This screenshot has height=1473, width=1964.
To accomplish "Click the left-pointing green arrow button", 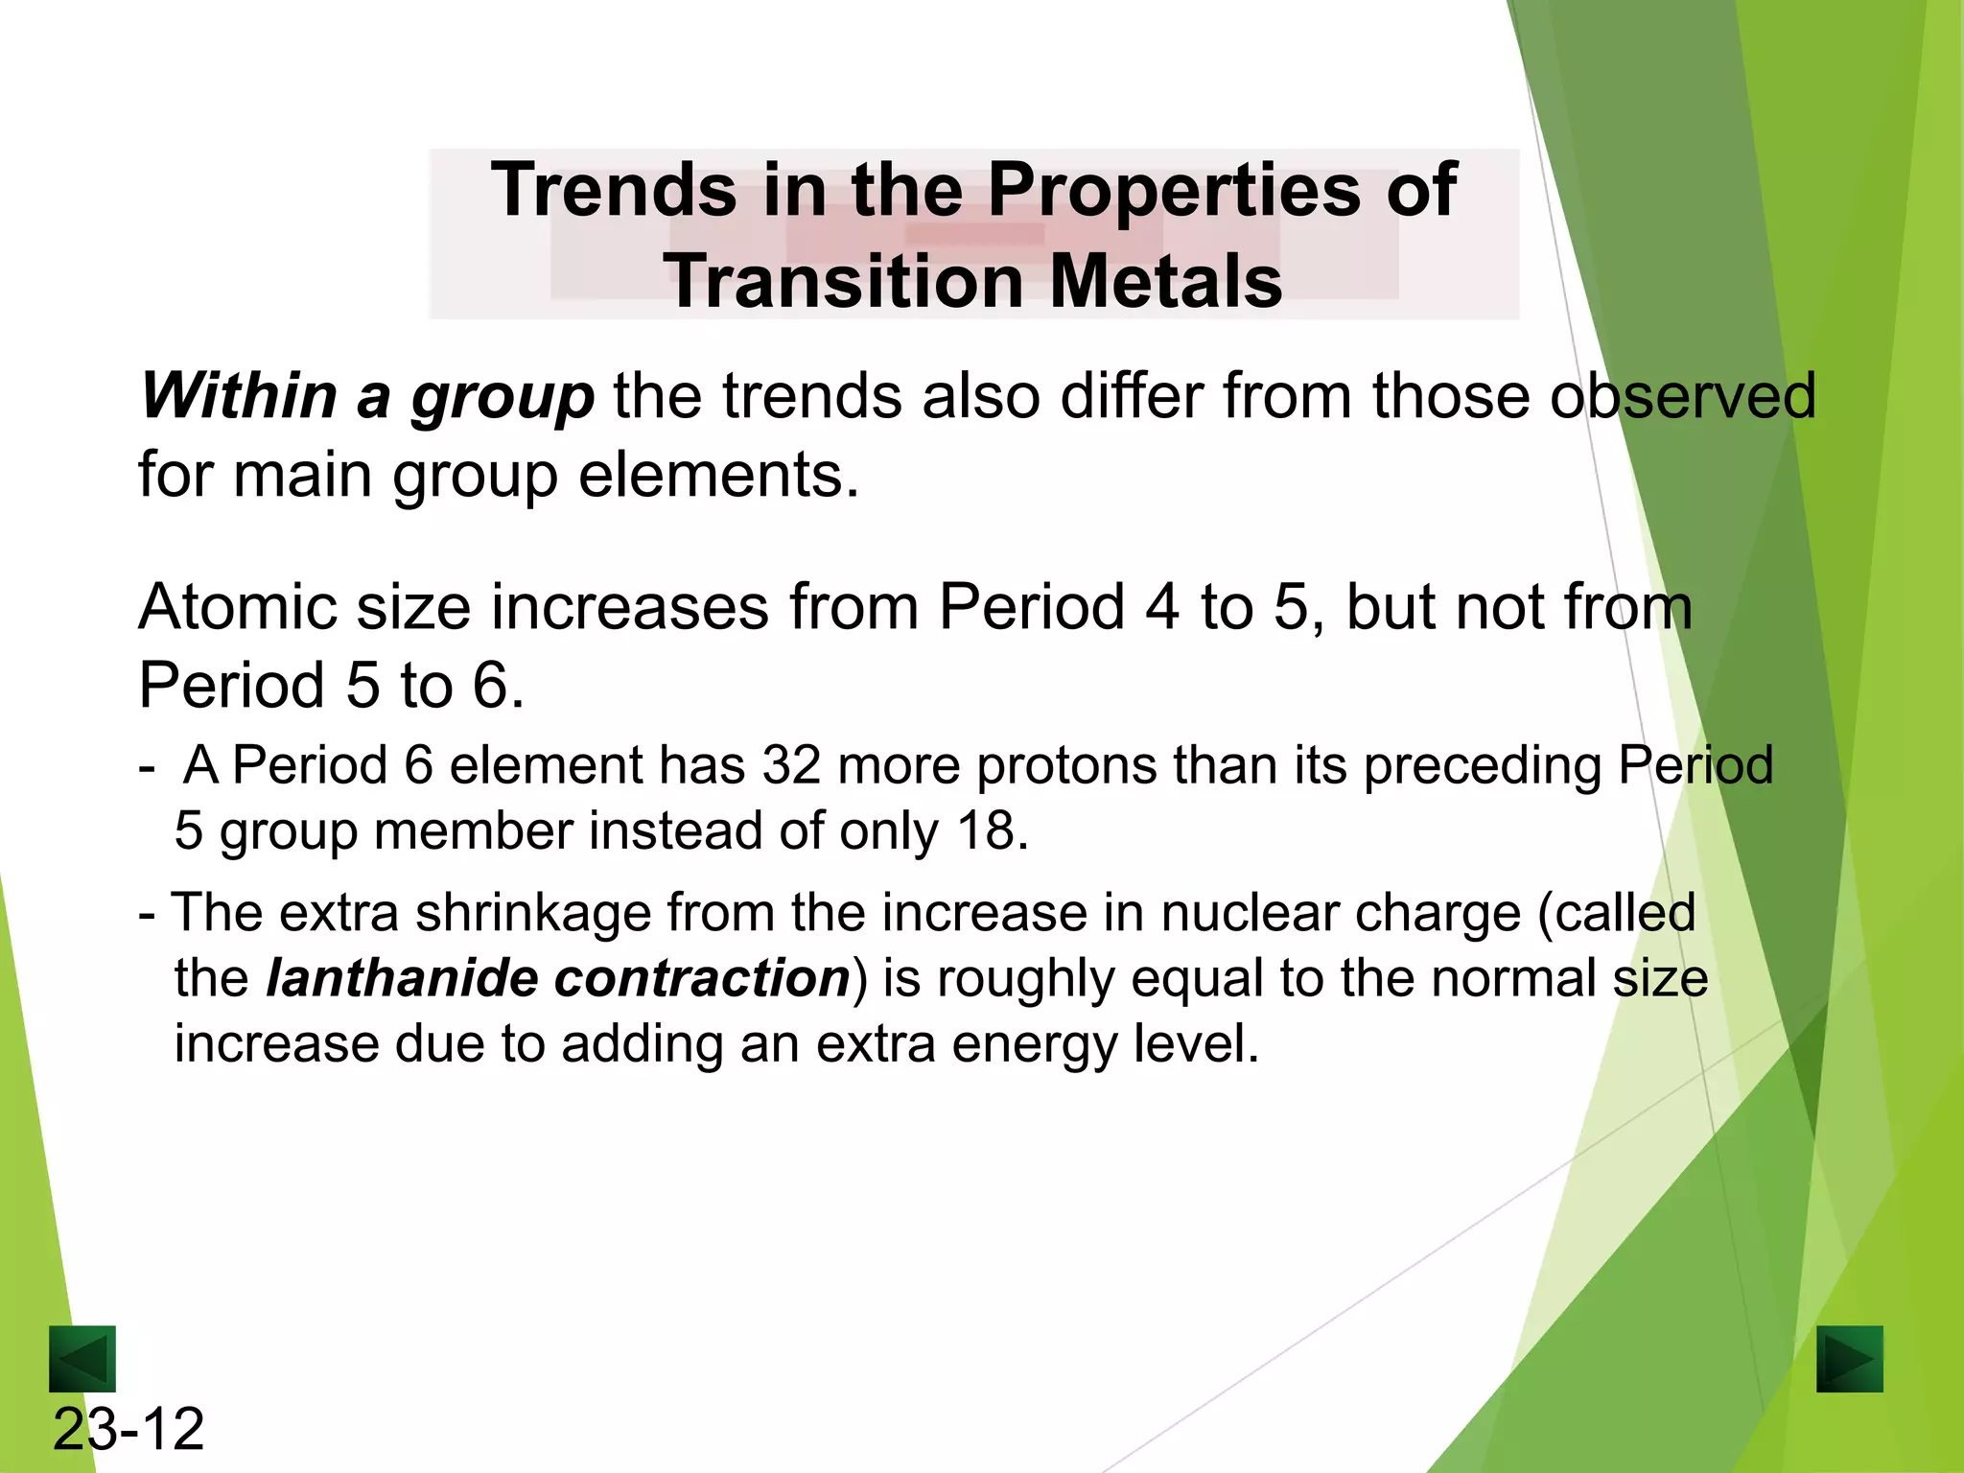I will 82,1358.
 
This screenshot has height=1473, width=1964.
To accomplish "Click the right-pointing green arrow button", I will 1849,1358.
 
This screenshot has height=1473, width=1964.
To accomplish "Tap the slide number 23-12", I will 129,1429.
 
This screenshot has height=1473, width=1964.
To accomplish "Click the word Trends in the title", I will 614,190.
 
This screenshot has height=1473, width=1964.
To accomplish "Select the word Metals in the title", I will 1165,282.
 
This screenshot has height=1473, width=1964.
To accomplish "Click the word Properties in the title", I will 1175,190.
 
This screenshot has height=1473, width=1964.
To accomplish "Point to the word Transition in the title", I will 844,282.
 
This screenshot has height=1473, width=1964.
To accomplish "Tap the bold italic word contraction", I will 702,978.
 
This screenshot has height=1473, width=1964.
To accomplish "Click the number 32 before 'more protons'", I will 791,765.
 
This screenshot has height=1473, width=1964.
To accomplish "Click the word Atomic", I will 238,607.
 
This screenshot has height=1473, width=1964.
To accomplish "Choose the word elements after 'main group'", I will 718,475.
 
